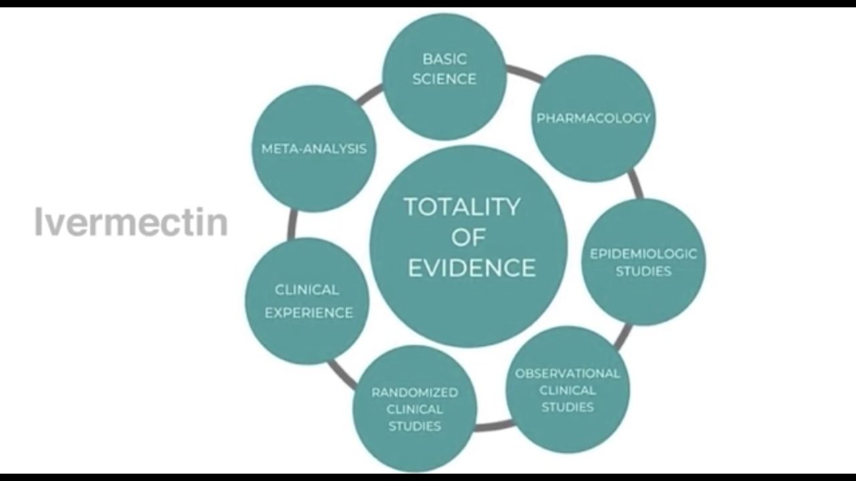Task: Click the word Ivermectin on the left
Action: [x=131, y=222]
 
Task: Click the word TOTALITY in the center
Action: [x=461, y=206]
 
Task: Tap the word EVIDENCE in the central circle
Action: [x=471, y=267]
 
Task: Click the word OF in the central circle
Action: [x=468, y=237]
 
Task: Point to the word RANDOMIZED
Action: [x=415, y=392]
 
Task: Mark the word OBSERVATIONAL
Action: [x=567, y=373]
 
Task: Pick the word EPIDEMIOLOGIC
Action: [x=643, y=254]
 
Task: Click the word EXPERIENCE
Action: [x=308, y=312]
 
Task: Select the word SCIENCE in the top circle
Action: [x=444, y=79]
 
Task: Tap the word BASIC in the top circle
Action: [x=444, y=59]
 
